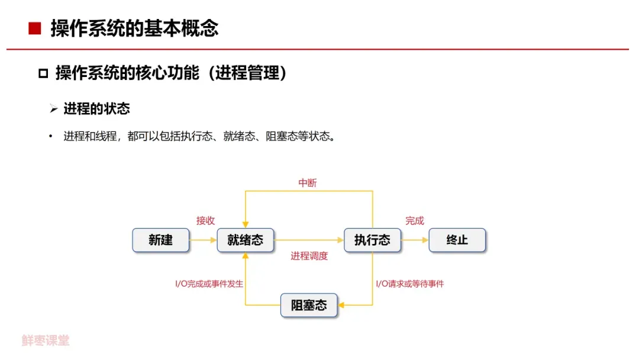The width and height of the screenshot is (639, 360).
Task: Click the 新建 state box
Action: point(160,240)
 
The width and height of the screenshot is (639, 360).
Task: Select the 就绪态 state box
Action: point(245,240)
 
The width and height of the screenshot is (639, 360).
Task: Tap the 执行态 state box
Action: point(372,240)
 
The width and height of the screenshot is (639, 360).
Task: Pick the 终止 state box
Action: point(457,240)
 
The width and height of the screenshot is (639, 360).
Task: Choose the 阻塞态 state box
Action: point(309,306)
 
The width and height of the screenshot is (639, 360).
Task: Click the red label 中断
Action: point(308,183)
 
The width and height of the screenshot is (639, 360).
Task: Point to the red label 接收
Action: point(205,220)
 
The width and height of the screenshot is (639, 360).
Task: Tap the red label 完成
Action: point(414,220)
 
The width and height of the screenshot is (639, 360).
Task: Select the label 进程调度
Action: point(309,256)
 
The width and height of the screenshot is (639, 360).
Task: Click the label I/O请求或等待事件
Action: point(410,284)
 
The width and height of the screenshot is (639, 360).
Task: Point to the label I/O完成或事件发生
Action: point(209,284)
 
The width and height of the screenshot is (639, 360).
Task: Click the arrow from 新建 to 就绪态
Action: point(204,240)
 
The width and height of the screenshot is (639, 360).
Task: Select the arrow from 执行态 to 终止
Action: point(415,240)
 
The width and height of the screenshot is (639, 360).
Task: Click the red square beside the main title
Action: point(35,28)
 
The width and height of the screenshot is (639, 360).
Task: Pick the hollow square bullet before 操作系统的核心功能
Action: point(43,74)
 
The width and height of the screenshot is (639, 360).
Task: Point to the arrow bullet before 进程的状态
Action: point(53,110)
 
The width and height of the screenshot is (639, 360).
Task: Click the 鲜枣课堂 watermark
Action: point(46,340)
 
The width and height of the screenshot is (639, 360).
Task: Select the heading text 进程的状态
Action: point(96,109)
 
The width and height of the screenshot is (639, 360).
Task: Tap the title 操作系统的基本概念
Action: point(134,28)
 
